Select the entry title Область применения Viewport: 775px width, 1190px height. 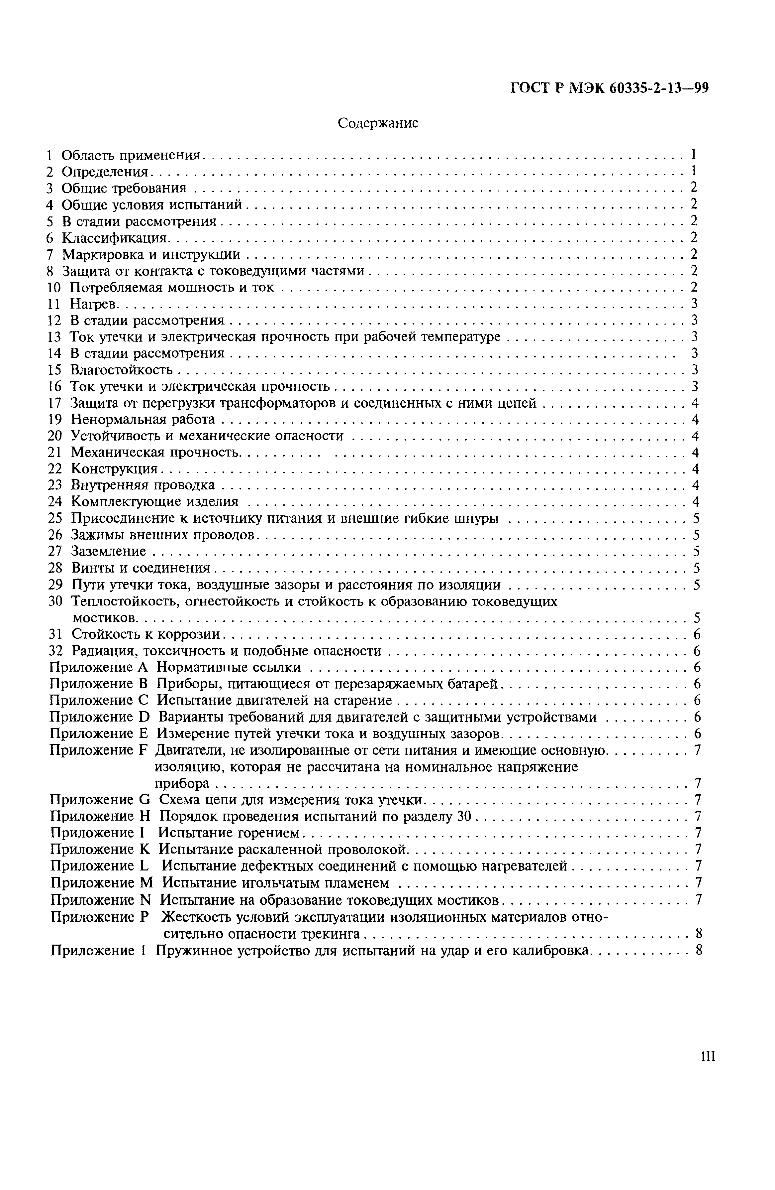pos(131,156)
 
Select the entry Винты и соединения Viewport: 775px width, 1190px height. pos(141,568)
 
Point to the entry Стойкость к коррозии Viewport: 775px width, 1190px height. pos(146,634)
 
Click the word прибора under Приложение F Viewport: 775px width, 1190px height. pos(182,783)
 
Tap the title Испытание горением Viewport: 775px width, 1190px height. pos(229,833)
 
